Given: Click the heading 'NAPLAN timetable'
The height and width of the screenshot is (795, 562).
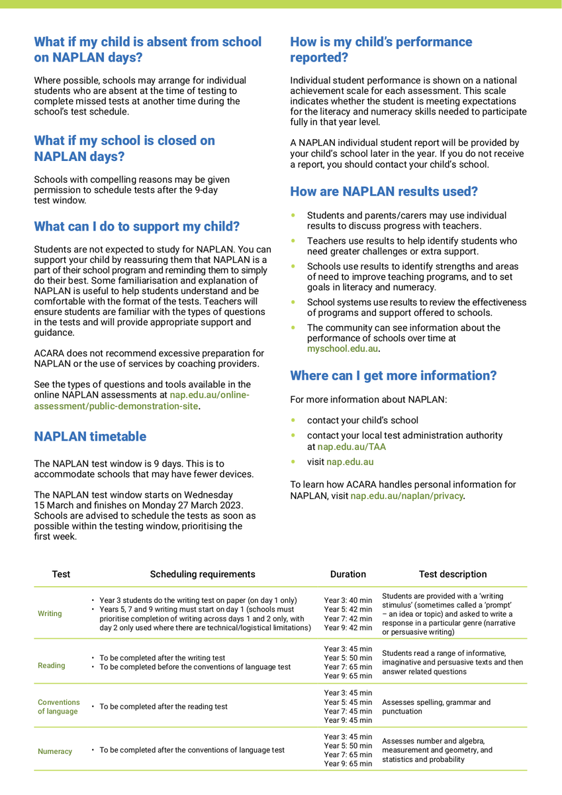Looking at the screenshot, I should coord(90,437).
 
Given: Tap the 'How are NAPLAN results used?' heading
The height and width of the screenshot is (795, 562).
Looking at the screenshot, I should coord(384,192).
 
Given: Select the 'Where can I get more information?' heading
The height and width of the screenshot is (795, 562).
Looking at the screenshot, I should coord(393,376).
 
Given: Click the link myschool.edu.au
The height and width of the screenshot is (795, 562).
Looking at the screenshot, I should coord(342,348).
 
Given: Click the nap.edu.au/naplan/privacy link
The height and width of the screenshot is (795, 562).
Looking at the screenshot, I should coord(406,496).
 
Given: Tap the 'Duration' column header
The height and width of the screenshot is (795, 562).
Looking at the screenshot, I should coord(348,574).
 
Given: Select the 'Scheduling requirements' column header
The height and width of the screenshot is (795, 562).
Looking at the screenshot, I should coord(202,574).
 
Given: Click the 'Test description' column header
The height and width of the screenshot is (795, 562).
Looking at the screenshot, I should coord(452,574).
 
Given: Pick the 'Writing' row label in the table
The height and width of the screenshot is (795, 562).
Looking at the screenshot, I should coord(50,613).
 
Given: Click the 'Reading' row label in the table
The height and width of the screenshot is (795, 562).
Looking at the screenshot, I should coord(52,666).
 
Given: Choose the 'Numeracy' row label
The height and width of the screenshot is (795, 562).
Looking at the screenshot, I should coord(55,751).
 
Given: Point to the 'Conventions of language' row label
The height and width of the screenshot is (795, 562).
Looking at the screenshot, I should coord(58,707).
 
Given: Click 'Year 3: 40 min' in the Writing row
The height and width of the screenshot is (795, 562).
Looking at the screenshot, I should coord(348,600).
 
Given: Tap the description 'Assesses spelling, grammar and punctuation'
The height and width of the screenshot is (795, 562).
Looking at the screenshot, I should coord(436,707).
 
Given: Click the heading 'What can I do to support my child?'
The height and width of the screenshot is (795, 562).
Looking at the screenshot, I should coord(136,227).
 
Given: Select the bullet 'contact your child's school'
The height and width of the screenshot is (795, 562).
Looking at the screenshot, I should coord(362,420).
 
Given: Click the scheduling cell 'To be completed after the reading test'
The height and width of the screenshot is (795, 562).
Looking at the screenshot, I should coord(163,707).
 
